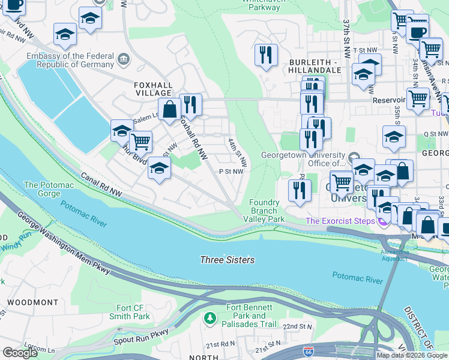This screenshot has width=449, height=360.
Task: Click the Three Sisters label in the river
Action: coord(227,260)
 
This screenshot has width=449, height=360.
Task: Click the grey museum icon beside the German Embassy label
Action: coord(123,59)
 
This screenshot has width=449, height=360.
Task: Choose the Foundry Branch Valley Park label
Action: coord(264,211)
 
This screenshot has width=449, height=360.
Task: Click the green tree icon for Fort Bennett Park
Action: coord(209,316)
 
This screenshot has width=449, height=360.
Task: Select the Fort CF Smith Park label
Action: coord(129,312)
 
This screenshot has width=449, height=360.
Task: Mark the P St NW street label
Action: coord(231,171)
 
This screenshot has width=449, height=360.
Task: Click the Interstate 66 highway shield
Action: coord(308,350)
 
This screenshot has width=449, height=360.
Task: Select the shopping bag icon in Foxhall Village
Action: coord(170,109)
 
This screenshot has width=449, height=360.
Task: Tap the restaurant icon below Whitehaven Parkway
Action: coord(265,55)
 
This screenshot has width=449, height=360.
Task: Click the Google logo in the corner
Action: coord(20,353)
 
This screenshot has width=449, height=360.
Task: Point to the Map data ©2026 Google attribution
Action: coord(411,355)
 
